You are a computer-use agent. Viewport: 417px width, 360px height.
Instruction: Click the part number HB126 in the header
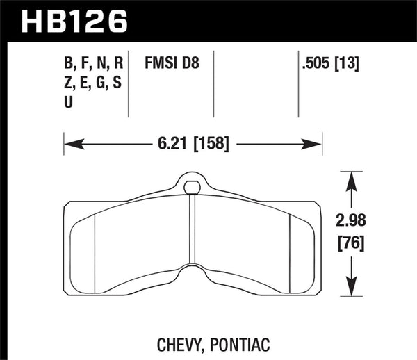coord(76,19)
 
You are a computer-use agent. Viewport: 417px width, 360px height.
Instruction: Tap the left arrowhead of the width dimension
coord(70,145)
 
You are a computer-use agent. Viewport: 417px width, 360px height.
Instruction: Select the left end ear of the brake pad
coord(77,247)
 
